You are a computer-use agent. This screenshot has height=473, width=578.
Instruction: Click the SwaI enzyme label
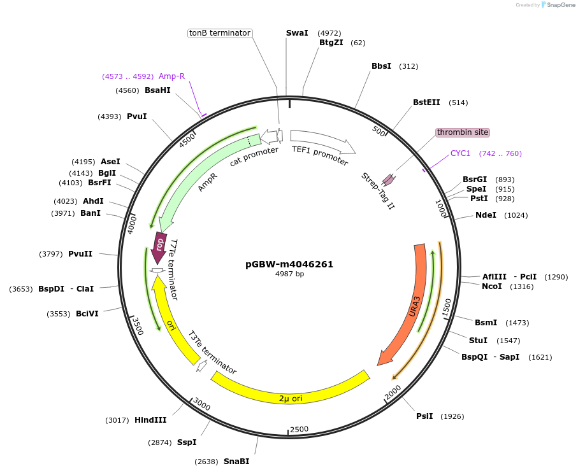[x=297, y=33]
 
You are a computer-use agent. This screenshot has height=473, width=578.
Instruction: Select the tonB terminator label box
[x=220, y=33]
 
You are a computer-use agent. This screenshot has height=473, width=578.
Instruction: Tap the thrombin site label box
[x=463, y=132]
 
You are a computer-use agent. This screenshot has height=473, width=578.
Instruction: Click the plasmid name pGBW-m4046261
[x=289, y=264]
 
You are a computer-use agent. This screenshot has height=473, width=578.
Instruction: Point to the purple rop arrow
[x=159, y=246]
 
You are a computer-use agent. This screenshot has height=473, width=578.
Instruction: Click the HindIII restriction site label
[x=150, y=420]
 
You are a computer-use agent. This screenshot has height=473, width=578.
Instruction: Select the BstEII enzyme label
[x=426, y=102]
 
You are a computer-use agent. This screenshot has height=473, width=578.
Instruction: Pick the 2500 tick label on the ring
[x=299, y=429]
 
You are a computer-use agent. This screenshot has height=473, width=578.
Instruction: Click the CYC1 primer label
[x=460, y=153]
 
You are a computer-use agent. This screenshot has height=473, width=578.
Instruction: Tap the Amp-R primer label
[x=171, y=76]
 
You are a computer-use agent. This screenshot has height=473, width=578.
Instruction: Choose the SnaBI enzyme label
[x=236, y=462]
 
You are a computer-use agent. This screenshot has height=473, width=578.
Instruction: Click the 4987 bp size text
[x=289, y=274]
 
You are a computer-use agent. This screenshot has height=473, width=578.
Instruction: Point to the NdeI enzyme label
[x=486, y=215]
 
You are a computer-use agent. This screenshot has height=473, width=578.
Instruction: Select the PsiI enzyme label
[x=424, y=416]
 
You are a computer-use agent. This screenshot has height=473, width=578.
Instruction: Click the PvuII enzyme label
[x=80, y=254]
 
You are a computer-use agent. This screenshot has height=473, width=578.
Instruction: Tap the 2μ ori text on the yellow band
[x=291, y=399]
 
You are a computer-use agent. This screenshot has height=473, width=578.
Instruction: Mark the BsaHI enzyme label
[x=157, y=90]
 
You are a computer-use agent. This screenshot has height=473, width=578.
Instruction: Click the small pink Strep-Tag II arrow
[x=387, y=181]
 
